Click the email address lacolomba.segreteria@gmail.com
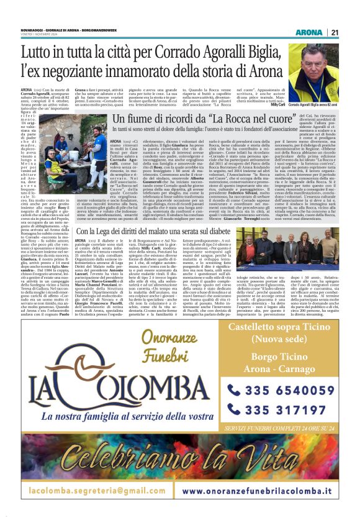click(92, 490)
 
